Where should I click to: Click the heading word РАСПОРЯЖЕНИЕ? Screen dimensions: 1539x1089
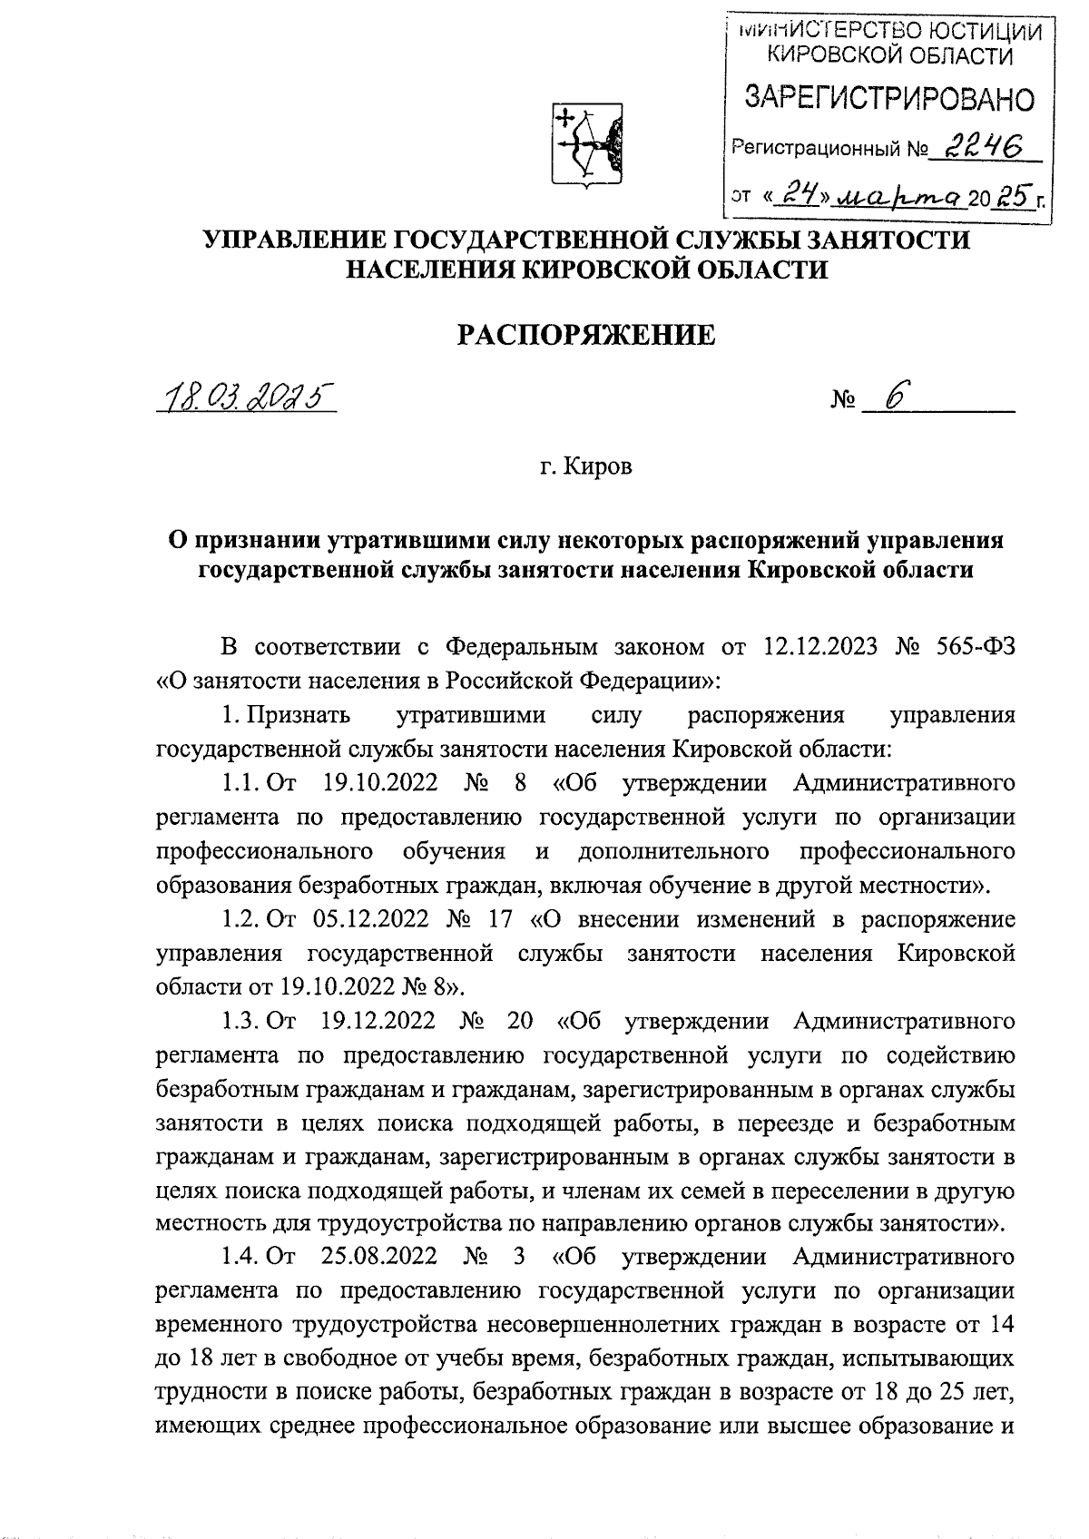(x=585, y=336)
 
